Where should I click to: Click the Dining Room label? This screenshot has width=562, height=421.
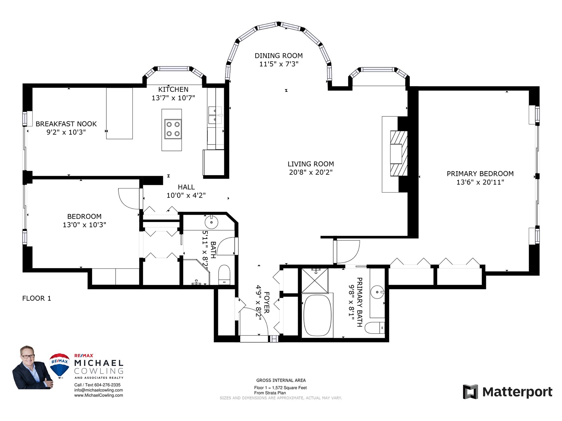(279, 55)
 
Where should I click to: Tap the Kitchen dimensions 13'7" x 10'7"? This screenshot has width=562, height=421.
(173, 98)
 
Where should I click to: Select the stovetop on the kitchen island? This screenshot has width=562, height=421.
(173, 129)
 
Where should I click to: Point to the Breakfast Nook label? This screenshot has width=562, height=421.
(66, 124)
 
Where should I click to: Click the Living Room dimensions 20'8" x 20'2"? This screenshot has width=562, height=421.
(311, 172)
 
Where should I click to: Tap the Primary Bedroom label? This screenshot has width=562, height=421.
(480, 174)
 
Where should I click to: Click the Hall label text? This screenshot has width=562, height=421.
(186, 187)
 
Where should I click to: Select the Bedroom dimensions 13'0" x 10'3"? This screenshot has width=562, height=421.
(85, 225)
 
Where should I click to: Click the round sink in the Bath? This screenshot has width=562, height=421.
(211, 222)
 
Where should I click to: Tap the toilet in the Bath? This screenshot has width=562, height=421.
(224, 275)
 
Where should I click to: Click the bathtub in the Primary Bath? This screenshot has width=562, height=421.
(318, 316)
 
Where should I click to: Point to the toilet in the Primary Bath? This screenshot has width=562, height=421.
(374, 328)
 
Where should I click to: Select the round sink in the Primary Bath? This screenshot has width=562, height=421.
(377, 292)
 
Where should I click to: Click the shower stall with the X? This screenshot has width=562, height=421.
(315, 280)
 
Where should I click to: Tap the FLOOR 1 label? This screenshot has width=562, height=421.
(37, 298)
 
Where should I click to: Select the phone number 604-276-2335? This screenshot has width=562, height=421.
(107, 385)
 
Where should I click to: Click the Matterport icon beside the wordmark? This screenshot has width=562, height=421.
(470, 392)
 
